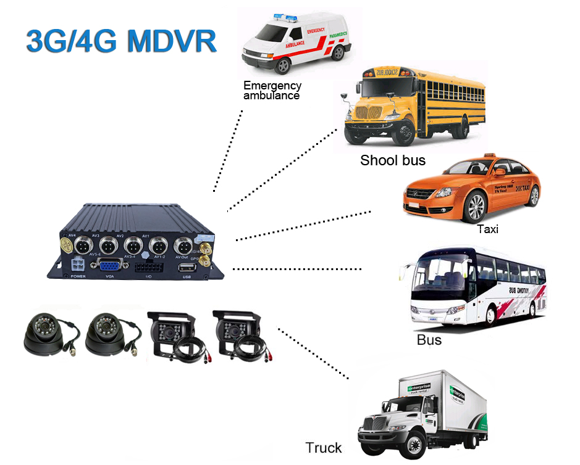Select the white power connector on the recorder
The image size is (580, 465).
[x=78, y=265]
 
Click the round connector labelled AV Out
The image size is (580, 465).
[x=182, y=244]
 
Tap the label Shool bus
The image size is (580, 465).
[x=393, y=160]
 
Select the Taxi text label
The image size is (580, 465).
[x=487, y=229]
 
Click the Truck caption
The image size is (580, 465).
[x=324, y=448]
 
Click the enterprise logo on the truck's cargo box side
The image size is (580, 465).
[x=421, y=388]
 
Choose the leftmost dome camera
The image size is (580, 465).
[x=43, y=336]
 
